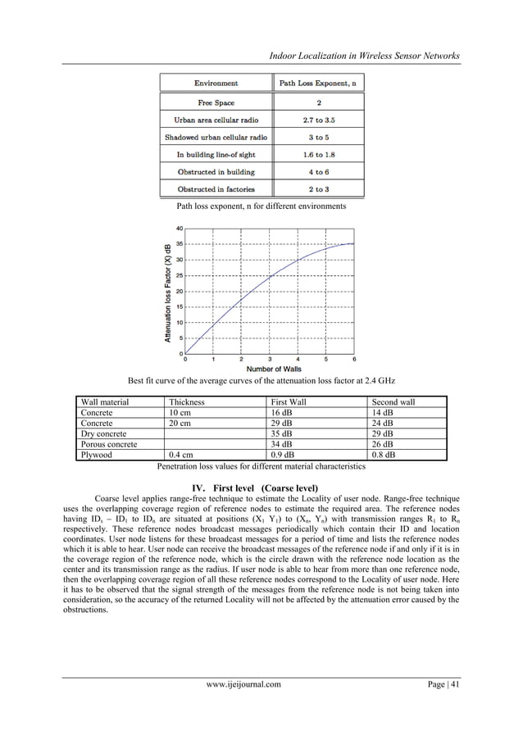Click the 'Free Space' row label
(216, 102)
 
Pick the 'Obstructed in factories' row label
(216, 189)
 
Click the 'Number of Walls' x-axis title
(270, 370)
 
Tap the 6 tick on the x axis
(354, 359)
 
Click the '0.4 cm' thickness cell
(182, 455)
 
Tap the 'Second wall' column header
(393, 402)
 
